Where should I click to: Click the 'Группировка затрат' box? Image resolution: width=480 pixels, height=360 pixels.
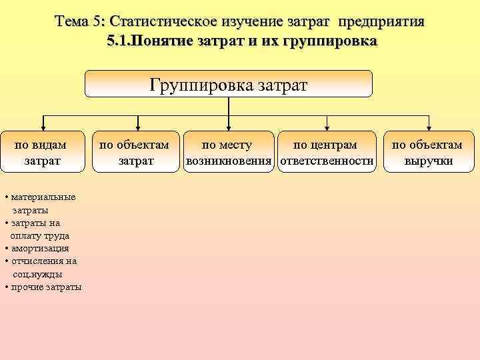coord(229,85)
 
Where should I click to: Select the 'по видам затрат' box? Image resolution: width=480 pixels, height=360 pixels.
coord(42,153)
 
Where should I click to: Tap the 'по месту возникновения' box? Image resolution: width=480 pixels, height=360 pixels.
coord(229,153)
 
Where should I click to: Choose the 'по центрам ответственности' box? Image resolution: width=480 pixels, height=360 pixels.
coord(326,153)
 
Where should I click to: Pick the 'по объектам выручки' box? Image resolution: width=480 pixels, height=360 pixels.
coord(427,153)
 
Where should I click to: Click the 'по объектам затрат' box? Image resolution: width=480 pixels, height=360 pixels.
coord(136,153)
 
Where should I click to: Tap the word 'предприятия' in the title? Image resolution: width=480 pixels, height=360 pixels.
coord(381,21)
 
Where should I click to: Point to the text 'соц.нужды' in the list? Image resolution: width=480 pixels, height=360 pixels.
coord(37,274)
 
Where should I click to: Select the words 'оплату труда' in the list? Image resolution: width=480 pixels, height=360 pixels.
coord(40,236)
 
